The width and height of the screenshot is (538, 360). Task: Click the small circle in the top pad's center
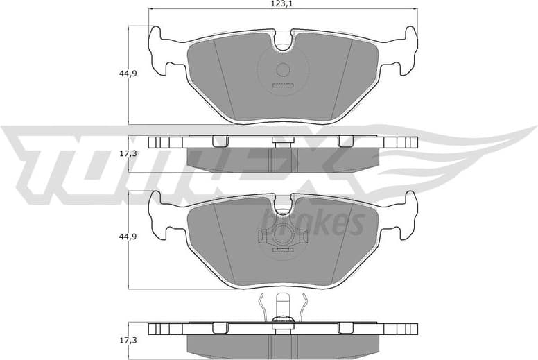[x=282, y=69]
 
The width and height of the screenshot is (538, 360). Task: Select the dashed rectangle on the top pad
[x=283, y=86]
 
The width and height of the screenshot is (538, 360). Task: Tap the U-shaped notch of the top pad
[x=283, y=43]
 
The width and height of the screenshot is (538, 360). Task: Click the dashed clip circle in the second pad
[x=282, y=237]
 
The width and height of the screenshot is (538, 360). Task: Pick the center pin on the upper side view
[x=282, y=142]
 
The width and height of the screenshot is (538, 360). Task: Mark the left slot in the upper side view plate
[x=220, y=142]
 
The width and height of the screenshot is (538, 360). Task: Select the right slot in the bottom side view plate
[x=345, y=327]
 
